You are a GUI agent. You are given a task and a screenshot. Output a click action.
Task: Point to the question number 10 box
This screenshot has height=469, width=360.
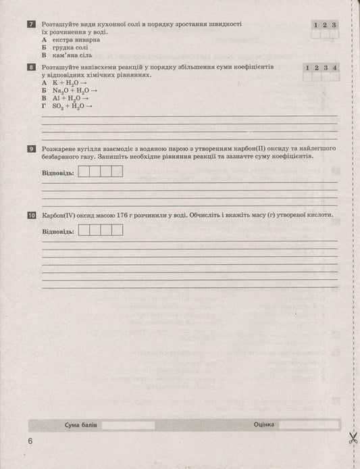32,215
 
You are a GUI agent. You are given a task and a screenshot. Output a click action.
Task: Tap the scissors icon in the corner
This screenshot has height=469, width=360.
352,438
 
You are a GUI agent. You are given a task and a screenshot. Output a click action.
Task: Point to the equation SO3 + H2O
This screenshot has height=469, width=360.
70,106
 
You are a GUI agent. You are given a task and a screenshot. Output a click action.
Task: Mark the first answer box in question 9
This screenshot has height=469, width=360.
84,172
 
